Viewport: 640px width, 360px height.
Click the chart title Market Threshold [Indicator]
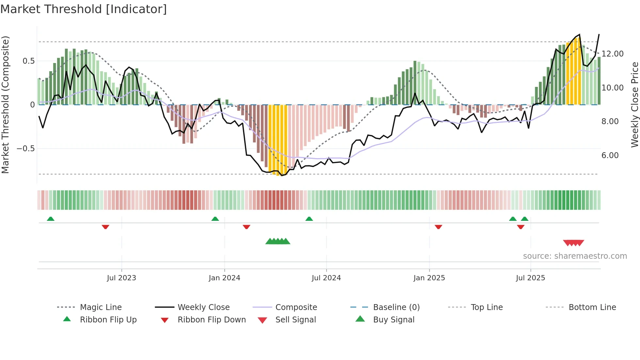[84, 9]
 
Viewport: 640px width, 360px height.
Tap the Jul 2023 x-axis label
[121, 278]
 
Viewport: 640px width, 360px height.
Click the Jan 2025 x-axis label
[429, 278]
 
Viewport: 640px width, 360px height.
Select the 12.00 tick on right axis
[612, 54]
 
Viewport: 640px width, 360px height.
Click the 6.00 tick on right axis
[610, 155]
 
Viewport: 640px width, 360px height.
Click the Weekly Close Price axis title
[634, 105]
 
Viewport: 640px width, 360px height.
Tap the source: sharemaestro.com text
[575, 256]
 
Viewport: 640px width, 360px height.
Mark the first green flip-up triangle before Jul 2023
[51, 219]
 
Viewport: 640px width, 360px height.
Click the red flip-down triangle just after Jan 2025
[438, 227]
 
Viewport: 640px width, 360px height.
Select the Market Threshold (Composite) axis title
[6, 105]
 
